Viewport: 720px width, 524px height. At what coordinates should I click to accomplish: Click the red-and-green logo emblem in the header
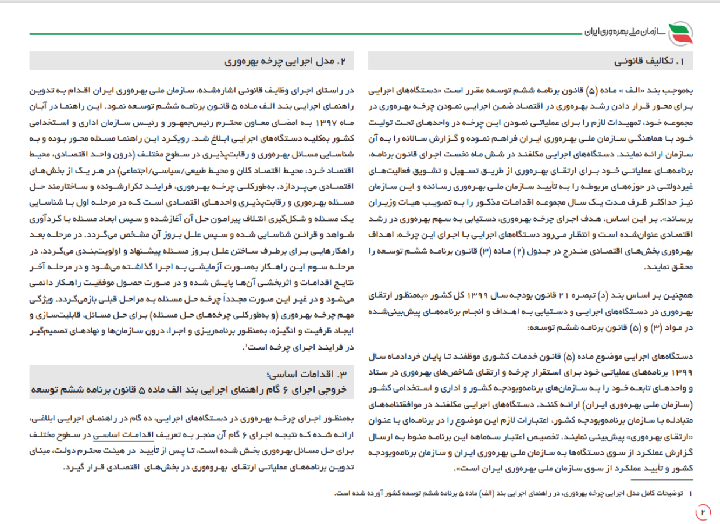pyautogui.click(x=680, y=33)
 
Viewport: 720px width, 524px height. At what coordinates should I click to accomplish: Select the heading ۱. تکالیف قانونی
pyautogui.click(x=655, y=61)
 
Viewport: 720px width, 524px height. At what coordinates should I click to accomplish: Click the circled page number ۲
pyautogui.click(x=702, y=511)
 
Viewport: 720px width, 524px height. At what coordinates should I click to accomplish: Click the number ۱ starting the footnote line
pyautogui.click(x=690, y=494)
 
